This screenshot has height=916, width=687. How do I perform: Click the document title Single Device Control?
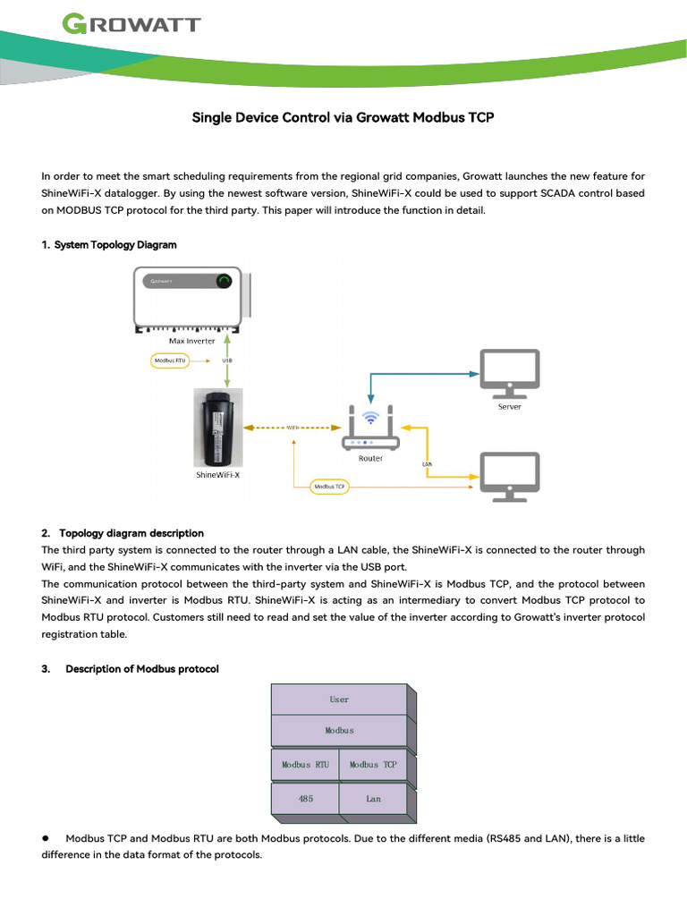(343, 117)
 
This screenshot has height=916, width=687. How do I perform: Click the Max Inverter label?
(192, 341)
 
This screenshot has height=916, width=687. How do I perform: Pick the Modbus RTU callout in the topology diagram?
(170, 360)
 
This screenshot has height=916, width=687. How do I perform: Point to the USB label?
(227, 360)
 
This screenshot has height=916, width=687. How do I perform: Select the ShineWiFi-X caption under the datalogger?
(217, 475)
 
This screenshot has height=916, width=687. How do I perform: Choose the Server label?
(510, 406)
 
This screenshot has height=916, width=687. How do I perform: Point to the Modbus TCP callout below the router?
(329, 488)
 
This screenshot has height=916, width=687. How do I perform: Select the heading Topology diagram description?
(131, 533)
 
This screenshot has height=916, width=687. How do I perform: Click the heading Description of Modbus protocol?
(141, 669)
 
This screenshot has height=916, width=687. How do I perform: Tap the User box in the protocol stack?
(339, 700)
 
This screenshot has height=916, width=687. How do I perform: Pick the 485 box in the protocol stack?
(305, 799)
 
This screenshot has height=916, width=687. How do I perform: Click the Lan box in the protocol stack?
(373, 799)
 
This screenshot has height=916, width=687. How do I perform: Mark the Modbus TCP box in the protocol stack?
(373, 765)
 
